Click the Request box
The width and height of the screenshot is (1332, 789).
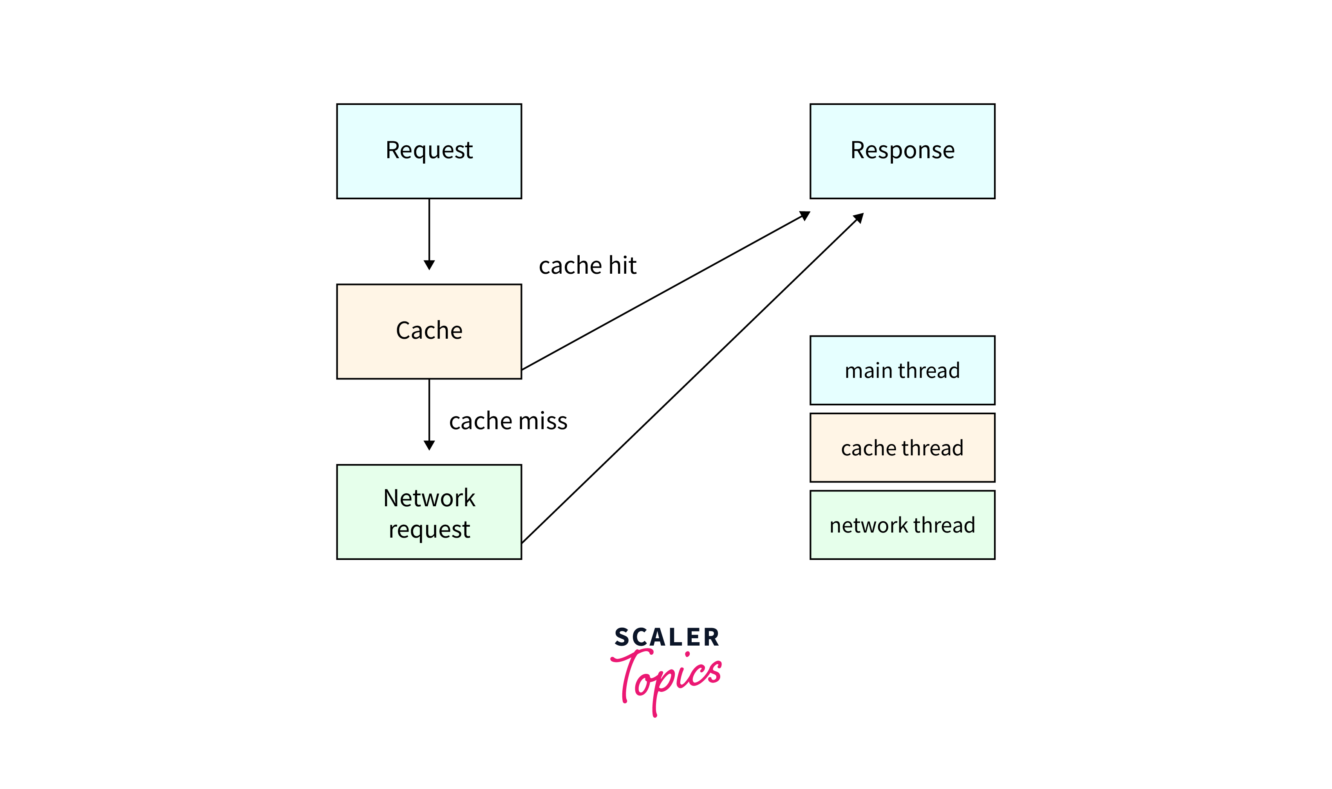429,151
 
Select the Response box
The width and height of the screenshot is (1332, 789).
902,151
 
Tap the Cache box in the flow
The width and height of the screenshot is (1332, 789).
429,331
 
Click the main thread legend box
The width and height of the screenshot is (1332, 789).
902,370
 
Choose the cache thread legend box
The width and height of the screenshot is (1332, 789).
902,448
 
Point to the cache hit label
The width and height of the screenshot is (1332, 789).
587,266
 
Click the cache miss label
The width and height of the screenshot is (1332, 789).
508,421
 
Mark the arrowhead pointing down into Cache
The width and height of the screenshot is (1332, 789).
429,265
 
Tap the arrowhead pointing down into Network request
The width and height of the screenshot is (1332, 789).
429,445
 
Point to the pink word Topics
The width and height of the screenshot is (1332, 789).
667,678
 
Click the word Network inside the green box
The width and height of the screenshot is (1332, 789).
429,498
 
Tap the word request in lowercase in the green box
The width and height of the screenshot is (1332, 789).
429,529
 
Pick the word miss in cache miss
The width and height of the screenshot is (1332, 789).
542,421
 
